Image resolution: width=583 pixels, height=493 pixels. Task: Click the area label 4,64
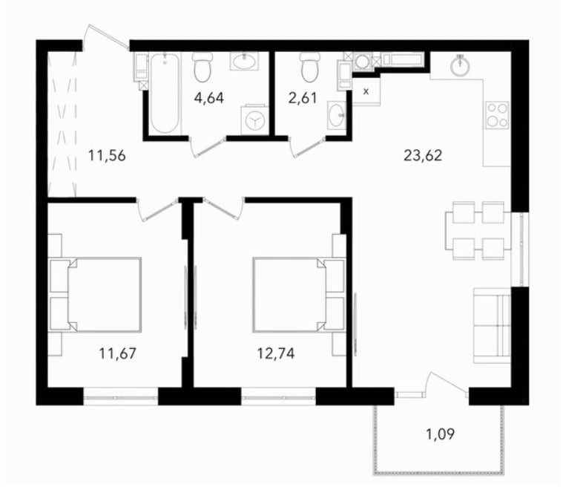pos(209,98)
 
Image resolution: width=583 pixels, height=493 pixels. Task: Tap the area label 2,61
pos(303,98)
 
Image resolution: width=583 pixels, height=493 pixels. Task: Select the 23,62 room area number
pos(423,154)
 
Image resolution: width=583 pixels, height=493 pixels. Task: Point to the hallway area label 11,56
pos(107,154)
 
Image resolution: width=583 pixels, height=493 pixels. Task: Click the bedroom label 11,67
pos(117,353)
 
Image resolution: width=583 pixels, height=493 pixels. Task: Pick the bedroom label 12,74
pos(276,353)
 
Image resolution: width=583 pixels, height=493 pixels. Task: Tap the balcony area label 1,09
pos(440,434)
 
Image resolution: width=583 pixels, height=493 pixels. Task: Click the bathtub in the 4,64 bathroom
pos(165,93)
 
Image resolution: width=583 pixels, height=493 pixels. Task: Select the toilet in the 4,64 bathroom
pos(202,67)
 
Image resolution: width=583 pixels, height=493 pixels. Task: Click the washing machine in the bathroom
pos(254,120)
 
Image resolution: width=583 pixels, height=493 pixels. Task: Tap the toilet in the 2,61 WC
pos(310,67)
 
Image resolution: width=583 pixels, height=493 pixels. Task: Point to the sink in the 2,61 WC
pos(337,116)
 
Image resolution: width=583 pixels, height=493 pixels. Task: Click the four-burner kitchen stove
pos(498,115)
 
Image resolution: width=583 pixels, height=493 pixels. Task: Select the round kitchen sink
pos(461,66)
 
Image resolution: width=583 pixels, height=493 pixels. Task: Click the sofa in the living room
pos(492,325)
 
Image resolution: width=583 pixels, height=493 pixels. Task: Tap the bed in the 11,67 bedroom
pos(96,294)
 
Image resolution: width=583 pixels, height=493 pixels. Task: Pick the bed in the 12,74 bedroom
pos(299,294)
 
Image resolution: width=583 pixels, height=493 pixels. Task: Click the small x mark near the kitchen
pos(366,91)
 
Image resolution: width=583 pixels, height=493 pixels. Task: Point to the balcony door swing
pos(447,383)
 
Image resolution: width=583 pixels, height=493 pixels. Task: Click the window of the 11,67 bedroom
pos(121,396)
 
